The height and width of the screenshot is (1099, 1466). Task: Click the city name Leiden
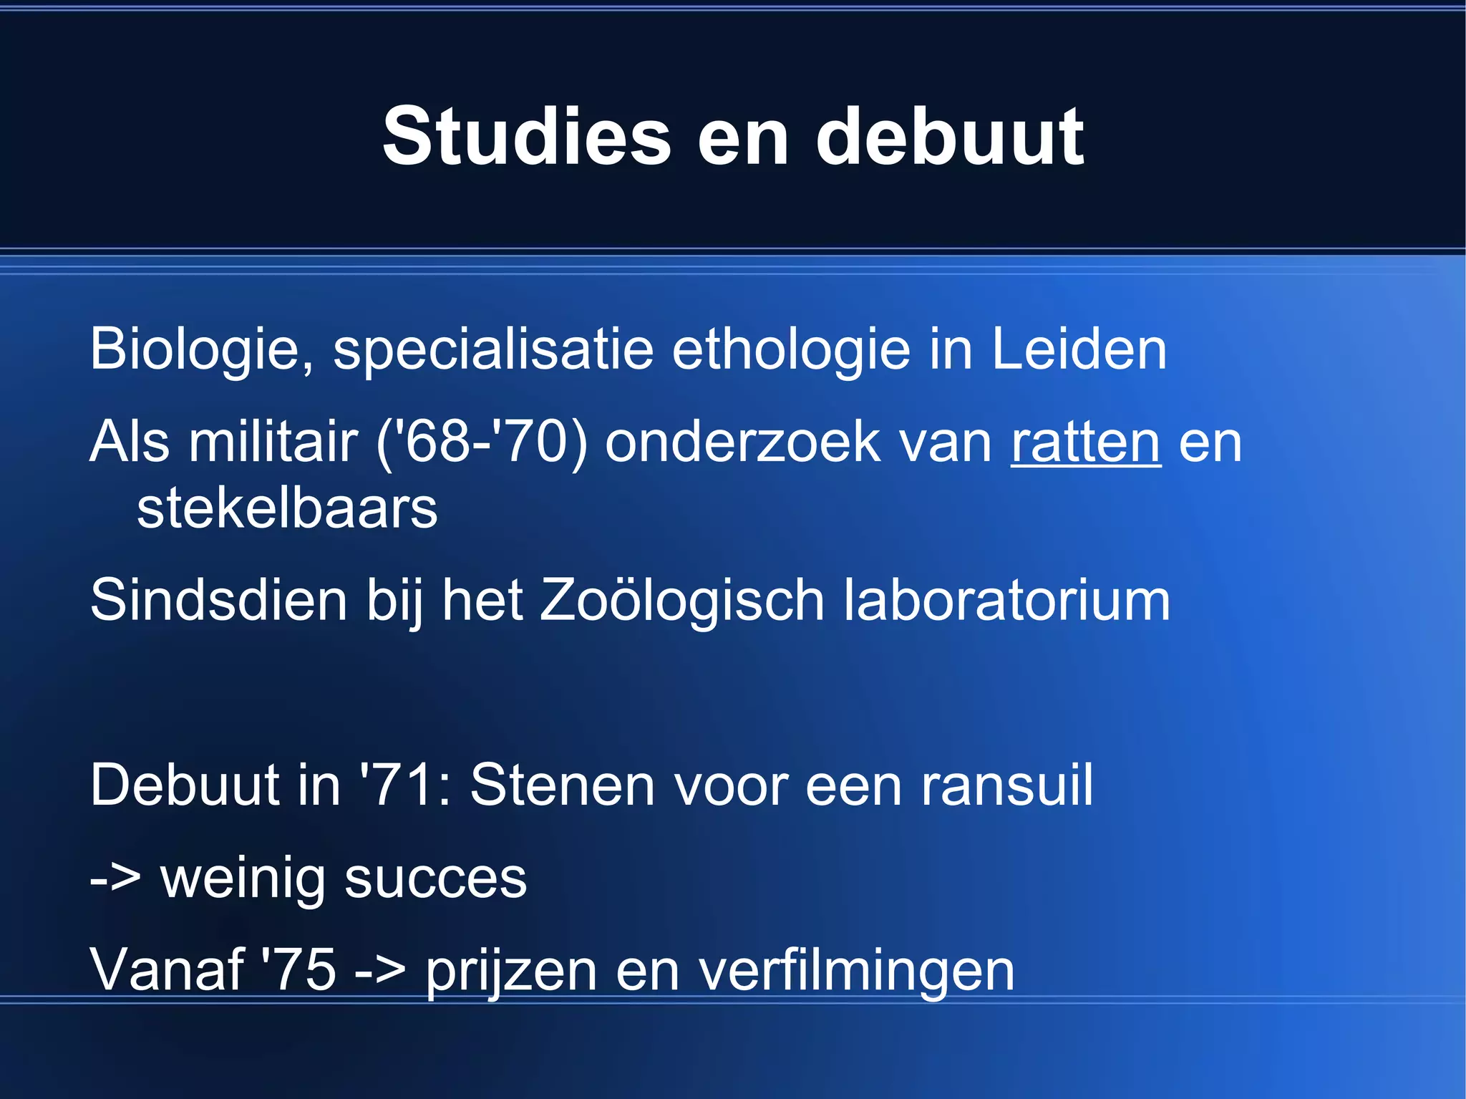[1079, 349]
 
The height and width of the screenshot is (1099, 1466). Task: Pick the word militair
[273, 442]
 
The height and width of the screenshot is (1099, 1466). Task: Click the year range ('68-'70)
[482, 442]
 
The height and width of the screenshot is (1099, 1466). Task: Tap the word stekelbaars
[287, 508]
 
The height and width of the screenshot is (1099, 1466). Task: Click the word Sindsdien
[218, 600]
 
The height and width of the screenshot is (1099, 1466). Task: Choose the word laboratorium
[1006, 600]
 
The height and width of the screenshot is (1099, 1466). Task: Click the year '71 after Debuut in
[404, 785]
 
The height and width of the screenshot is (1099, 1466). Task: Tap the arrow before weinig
[115, 878]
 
